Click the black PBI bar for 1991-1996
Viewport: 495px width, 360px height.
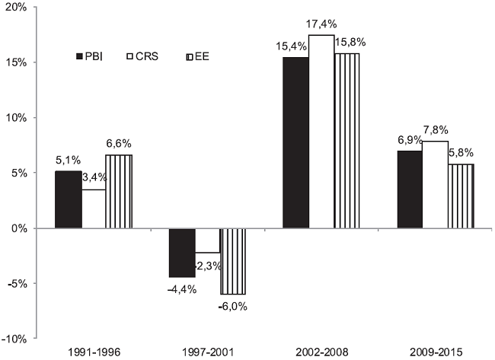point(68,199)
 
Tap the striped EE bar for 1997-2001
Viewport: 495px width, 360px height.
point(233,261)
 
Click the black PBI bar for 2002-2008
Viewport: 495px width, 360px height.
point(296,142)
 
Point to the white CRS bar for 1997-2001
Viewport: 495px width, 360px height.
point(207,241)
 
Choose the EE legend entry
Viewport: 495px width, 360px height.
point(200,57)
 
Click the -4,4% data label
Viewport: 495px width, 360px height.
point(181,288)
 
